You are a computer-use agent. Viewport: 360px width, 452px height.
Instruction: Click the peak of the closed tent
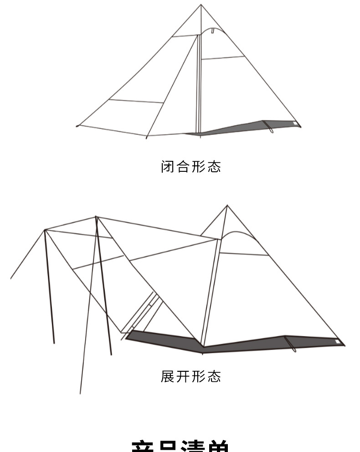pyautogui.click(x=201, y=5)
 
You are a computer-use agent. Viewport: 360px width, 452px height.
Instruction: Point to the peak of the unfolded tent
pyautogui.click(x=227, y=206)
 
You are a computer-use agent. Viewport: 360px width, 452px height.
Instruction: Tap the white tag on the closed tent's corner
pyautogui.click(x=295, y=123)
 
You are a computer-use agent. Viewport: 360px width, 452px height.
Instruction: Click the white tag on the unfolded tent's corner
pyautogui.click(x=338, y=341)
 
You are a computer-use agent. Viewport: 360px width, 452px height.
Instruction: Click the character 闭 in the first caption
pyautogui.click(x=168, y=166)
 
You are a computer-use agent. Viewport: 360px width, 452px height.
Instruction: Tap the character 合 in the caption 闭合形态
pyautogui.click(x=183, y=166)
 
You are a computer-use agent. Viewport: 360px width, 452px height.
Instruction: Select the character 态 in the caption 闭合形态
pyautogui.click(x=214, y=166)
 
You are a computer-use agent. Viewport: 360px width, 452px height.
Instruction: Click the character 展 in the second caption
pyautogui.click(x=168, y=376)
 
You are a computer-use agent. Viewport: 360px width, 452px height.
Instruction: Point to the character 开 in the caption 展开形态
pyautogui.click(x=183, y=376)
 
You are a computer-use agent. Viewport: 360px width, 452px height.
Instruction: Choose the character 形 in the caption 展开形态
pyautogui.click(x=198, y=376)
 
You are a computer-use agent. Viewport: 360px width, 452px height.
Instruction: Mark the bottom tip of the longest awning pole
pyautogui.click(x=81, y=393)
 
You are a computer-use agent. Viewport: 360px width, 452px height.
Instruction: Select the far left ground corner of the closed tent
pyautogui.click(x=77, y=126)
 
